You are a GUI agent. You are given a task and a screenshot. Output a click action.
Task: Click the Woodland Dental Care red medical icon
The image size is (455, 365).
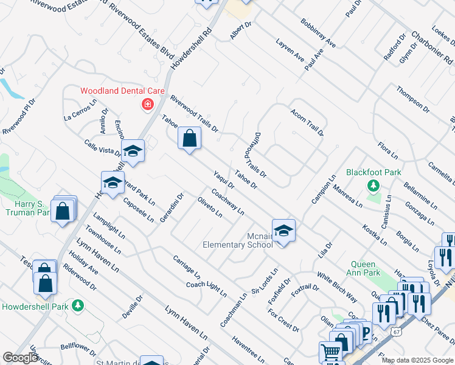(147, 105)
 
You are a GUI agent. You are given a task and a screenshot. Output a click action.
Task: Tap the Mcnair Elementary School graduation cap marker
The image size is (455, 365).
(283, 231)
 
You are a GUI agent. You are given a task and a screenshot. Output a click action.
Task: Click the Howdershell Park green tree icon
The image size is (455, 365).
(77, 305)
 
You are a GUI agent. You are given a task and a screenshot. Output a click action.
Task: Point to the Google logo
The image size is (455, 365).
(20, 358)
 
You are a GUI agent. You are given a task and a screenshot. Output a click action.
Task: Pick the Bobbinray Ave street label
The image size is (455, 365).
(318, 33)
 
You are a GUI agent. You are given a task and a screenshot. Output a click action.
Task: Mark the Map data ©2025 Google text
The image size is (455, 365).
(417, 360)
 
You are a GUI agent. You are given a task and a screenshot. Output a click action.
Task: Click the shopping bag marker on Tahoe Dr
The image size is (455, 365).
(190, 139)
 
